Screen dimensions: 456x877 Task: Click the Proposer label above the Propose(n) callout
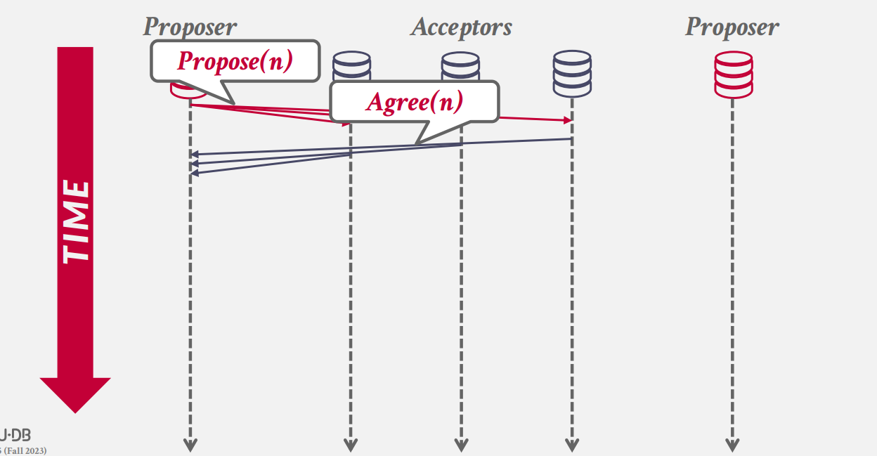point(190,27)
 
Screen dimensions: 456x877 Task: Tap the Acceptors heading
point(461,27)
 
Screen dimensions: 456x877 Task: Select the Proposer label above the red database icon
point(732,27)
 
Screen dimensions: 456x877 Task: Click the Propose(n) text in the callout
point(235,61)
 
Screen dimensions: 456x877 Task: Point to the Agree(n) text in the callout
point(415,102)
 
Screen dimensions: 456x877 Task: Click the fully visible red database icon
point(733,74)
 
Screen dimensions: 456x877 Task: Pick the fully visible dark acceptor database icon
point(572,73)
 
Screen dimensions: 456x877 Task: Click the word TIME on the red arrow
point(76,221)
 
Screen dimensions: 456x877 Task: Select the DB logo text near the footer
point(17,435)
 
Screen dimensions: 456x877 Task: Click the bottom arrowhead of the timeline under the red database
point(732,445)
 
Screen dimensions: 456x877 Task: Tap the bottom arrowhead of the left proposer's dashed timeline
point(190,445)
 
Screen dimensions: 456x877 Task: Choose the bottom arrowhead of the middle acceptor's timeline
point(461,445)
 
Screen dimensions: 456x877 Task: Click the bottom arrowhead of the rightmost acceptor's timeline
point(572,445)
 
